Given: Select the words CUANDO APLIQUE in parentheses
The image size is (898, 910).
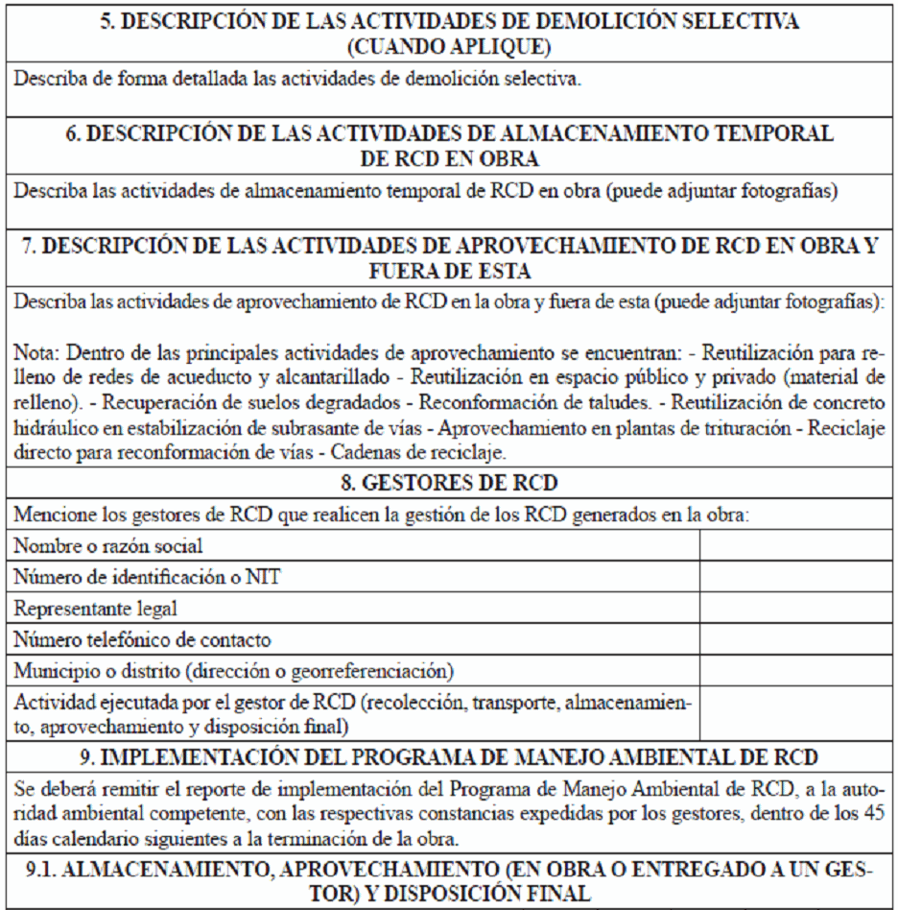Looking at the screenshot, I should [449, 44].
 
